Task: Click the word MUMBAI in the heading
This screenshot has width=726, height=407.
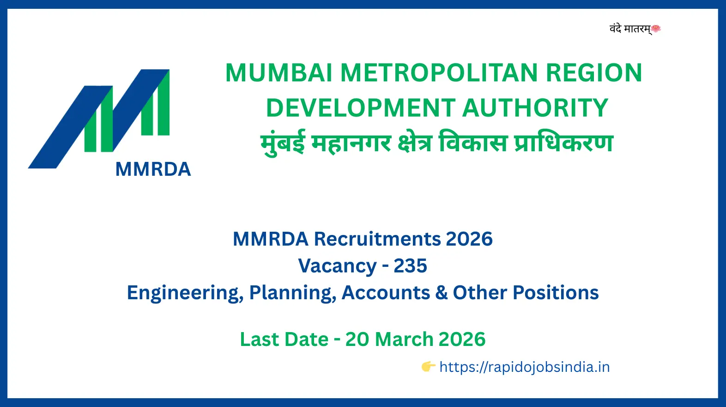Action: (278, 73)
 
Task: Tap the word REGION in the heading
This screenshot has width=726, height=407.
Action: (594, 73)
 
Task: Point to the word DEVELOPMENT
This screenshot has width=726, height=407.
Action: (361, 108)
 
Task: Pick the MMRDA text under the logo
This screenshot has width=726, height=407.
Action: (153, 169)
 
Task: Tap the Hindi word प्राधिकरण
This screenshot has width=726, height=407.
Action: (563, 143)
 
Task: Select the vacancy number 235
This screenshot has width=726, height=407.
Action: (410, 266)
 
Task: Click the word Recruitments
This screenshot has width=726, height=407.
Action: (377, 239)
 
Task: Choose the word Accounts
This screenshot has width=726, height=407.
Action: (386, 293)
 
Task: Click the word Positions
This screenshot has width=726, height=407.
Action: (556, 293)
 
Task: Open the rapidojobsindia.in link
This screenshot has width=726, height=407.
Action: (524, 367)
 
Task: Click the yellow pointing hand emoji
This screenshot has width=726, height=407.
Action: (428, 367)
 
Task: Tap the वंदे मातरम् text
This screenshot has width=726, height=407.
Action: (630, 29)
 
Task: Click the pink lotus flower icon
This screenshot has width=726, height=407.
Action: (656, 29)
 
